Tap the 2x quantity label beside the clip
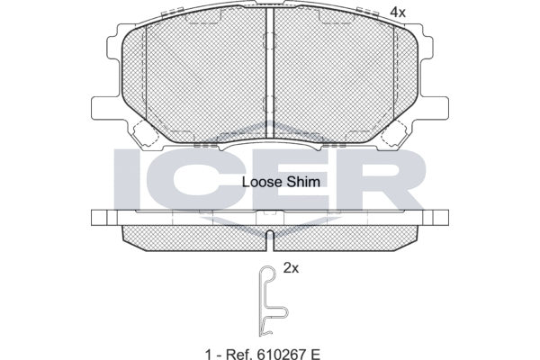291,267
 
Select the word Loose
262,181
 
